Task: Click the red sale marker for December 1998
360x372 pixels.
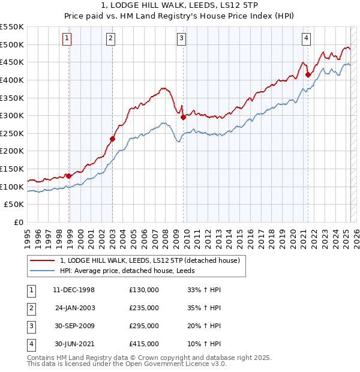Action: (x=69, y=176)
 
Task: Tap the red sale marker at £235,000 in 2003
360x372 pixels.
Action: (x=112, y=139)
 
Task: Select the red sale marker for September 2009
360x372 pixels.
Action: (x=183, y=118)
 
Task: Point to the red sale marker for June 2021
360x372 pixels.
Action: (x=308, y=75)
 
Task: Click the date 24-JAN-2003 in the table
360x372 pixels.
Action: (x=74, y=308)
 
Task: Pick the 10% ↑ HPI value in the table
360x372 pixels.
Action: (x=204, y=344)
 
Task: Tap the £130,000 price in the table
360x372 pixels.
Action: (x=144, y=290)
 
